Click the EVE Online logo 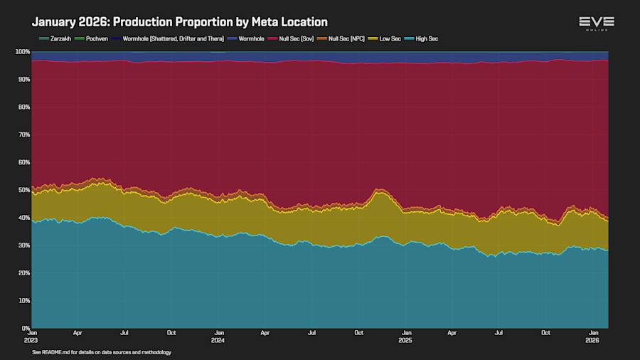(596, 23)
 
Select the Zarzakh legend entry (58, 38)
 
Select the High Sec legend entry (425, 38)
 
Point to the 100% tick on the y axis (22, 52)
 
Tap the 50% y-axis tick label (23, 190)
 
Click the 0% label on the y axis (25, 328)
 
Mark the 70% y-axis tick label (23, 134)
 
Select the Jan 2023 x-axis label (32, 336)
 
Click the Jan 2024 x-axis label (219, 336)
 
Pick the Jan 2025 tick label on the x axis (406, 336)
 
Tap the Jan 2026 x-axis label (592, 336)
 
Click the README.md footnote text (102, 352)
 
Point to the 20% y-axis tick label (23, 273)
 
